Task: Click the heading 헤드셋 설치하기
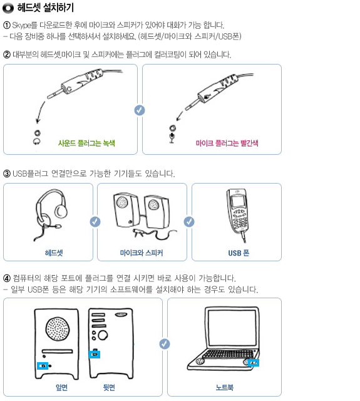(46, 8)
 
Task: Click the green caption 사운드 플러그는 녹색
(86, 143)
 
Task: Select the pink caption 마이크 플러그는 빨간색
(227, 143)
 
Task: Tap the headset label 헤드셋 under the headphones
(54, 253)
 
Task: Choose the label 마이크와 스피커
(141, 253)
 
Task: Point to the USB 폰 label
(239, 253)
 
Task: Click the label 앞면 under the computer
(61, 387)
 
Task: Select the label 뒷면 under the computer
(109, 387)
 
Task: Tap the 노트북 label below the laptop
(225, 387)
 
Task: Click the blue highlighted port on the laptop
(254, 363)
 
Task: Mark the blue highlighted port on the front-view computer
(43, 366)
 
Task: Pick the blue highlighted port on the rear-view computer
(95, 355)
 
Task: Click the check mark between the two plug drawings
(140, 110)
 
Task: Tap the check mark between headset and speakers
(95, 222)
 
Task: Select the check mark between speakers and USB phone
(189, 222)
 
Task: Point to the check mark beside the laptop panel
(165, 344)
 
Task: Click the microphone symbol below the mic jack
(172, 138)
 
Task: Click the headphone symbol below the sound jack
(37, 141)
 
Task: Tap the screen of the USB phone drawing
(238, 200)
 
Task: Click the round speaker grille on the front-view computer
(58, 328)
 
